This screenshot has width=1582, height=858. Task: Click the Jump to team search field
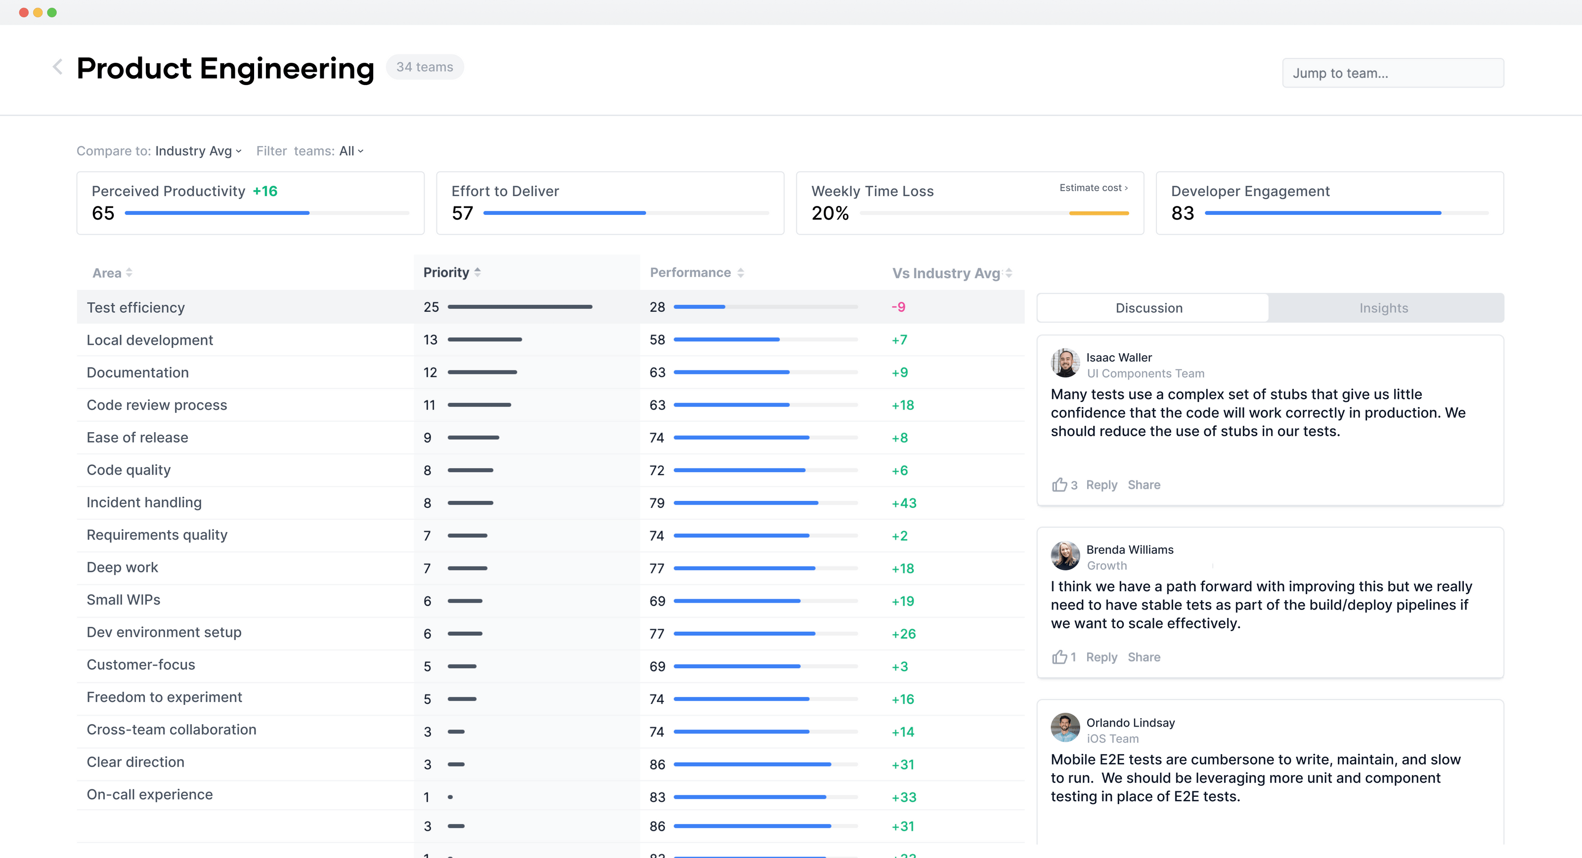point(1392,73)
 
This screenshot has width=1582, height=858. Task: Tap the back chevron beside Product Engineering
point(58,67)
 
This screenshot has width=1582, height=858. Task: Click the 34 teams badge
point(424,67)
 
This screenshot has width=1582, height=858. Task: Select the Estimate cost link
point(1093,188)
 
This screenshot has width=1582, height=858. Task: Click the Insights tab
point(1383,308)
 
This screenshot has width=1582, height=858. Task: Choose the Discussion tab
point(1148,308)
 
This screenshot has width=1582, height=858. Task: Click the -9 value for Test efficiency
point(898,307)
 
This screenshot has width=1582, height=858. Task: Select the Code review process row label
point(157,405)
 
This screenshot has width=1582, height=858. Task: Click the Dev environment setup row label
point(164,632)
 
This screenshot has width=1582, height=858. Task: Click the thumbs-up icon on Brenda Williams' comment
point(1059,657)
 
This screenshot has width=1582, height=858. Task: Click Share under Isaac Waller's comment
point(1143,485)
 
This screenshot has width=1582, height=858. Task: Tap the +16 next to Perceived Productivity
point(265,192)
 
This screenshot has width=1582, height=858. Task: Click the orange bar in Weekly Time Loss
point(1099,213)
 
